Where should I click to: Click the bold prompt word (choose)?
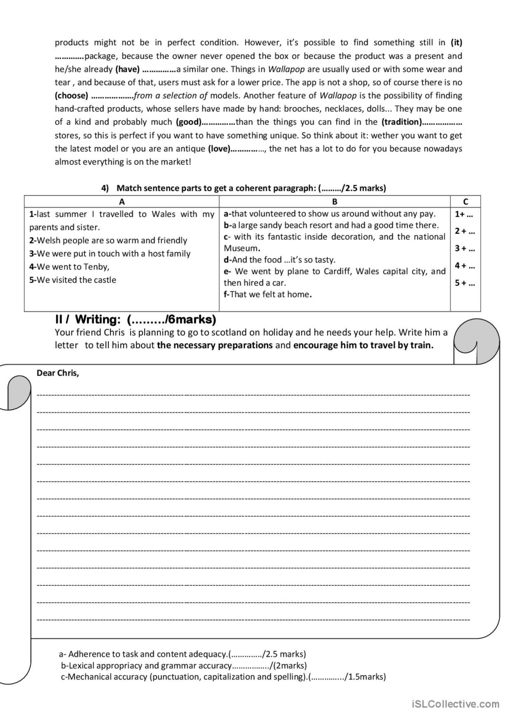point(71,96)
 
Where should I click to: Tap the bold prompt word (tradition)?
point(402,122)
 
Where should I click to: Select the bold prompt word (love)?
point(219,149)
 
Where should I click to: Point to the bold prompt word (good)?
point(188,122)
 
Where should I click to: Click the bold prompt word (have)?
point(127,69)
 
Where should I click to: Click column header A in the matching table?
point(122,202)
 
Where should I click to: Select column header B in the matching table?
point(335,202)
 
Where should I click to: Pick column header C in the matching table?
point(466,202)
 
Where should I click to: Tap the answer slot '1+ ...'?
point(464,214)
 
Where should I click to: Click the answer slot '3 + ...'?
point(465,249)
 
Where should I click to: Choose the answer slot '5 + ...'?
point(465,283)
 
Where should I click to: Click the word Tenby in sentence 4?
point(96,267)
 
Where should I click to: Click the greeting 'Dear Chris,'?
point(58,373)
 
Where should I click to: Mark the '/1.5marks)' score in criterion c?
point(366,677)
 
